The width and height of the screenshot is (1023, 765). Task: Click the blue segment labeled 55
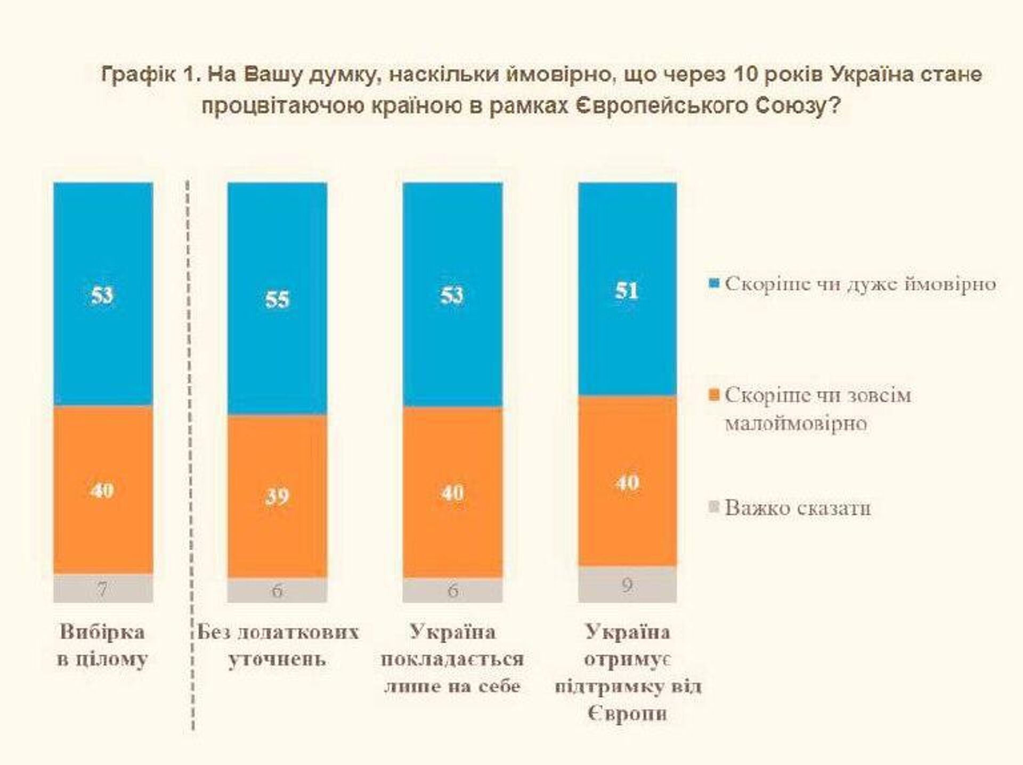click(277, 298)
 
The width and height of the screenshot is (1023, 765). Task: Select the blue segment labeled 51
click(627, 290)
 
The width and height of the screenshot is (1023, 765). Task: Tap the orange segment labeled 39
click(277, 496)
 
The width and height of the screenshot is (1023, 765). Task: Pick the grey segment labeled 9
click(627, 585)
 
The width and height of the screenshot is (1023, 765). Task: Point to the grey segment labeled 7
click(103, 588)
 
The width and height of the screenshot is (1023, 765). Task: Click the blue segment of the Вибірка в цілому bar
click(103, 294)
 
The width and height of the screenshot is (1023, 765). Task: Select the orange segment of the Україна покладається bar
click(452, 492)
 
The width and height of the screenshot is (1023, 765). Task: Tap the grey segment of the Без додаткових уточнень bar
click(277, 590)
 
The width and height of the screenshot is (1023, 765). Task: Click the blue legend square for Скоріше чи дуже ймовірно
click(714, 283)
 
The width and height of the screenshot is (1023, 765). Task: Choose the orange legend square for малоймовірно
click(714, 395)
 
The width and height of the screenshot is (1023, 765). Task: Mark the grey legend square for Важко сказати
click(714, 507)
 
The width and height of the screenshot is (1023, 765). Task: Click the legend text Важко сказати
click(798, 508)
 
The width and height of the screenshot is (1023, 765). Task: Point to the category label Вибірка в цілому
click(102, 645)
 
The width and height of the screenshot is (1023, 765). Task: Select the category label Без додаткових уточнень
click(278, 645)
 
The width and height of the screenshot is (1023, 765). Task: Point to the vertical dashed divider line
click(190, 453)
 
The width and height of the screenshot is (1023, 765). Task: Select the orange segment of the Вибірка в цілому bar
click(103, 490)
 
